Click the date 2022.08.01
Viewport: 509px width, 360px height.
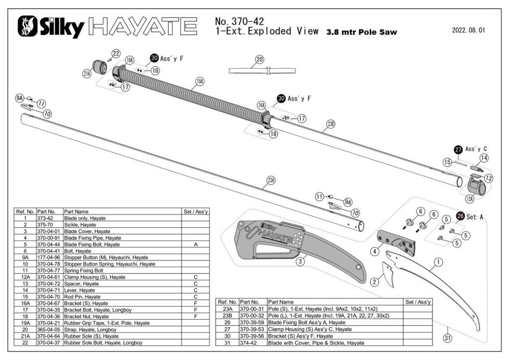coord(468,30)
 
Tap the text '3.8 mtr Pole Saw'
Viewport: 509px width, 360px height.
coord(361,33)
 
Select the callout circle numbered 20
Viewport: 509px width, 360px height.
coord(259,61)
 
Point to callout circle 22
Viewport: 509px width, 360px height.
coord(116,53)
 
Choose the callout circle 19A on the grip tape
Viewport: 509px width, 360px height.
coord(199,81)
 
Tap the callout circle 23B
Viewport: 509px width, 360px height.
coord(331,124)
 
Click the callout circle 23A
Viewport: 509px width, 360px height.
coord(271,180)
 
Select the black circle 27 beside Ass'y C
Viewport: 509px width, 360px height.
coord(457,149)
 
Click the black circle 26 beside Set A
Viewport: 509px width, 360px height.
coord(460,216)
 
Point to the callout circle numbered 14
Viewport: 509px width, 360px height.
coord(484,158)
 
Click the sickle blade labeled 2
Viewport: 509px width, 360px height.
coord(388,274)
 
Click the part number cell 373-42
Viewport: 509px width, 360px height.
coord(49,218)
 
